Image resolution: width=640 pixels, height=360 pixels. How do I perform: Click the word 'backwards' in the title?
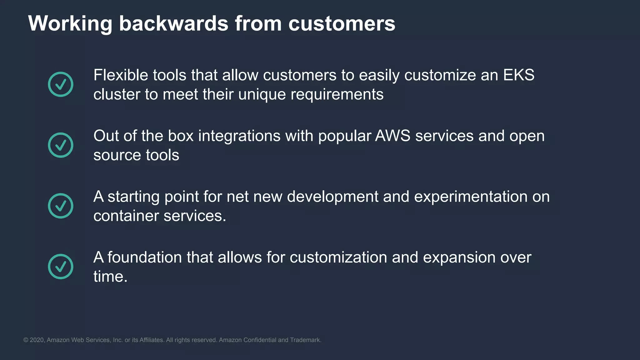pyautogui.click(x=173, y=23)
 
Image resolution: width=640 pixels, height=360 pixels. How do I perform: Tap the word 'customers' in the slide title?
pyautogui.click(x=342, y=23)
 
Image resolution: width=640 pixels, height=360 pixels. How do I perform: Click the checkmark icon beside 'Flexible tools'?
pyautogui.click(x=61, y=84)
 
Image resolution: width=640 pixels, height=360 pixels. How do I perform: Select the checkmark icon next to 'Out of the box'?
pyautogui.click(x=61, y=145)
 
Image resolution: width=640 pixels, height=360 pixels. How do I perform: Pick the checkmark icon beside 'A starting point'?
pyautogui.click(x=61, y=206)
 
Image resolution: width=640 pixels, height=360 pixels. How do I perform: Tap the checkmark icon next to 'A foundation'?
pyautogui.click(x=61, y=266)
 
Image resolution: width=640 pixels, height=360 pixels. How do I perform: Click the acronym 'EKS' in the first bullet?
pyautogui.click(x=519, y=75)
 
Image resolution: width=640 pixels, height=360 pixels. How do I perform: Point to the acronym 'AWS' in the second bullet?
pyautogui.click(x=392, y=136)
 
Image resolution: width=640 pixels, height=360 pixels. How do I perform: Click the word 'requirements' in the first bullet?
pyautogui.click(x=337, y=94)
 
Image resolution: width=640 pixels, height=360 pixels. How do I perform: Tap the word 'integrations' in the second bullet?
pyautogui.click(x=239, y=136)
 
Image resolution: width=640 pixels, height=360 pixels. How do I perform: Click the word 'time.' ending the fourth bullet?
pyautogui.click(x=110, y=277)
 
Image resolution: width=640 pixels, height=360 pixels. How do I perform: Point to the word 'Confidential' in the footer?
pyautogui.click(x=259, y=340)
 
